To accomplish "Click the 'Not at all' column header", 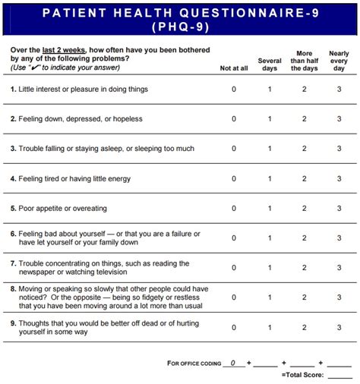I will coord(233,68).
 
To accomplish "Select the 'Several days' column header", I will coord(270,65).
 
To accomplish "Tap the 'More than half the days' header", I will coord(305,61).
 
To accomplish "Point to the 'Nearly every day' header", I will coord(339,61).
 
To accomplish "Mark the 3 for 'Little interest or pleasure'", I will coord(339,90).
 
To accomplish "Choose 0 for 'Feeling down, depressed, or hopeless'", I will coord(234,119).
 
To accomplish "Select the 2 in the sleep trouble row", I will coord(305,149).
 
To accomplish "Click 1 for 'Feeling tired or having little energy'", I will coord(270,179).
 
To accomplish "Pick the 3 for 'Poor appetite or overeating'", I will coord(339,209).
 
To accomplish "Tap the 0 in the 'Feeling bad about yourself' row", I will coord(234,238).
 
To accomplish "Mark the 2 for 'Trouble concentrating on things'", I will coord(305,268).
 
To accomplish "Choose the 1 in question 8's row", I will coord(270,297).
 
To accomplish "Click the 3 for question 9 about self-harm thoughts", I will coord(339,327).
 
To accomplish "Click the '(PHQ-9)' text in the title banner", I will coord(180,27).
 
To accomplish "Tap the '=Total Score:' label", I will coord(302,375).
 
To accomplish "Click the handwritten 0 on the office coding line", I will coord(233,362).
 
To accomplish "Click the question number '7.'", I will coord(13,263).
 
